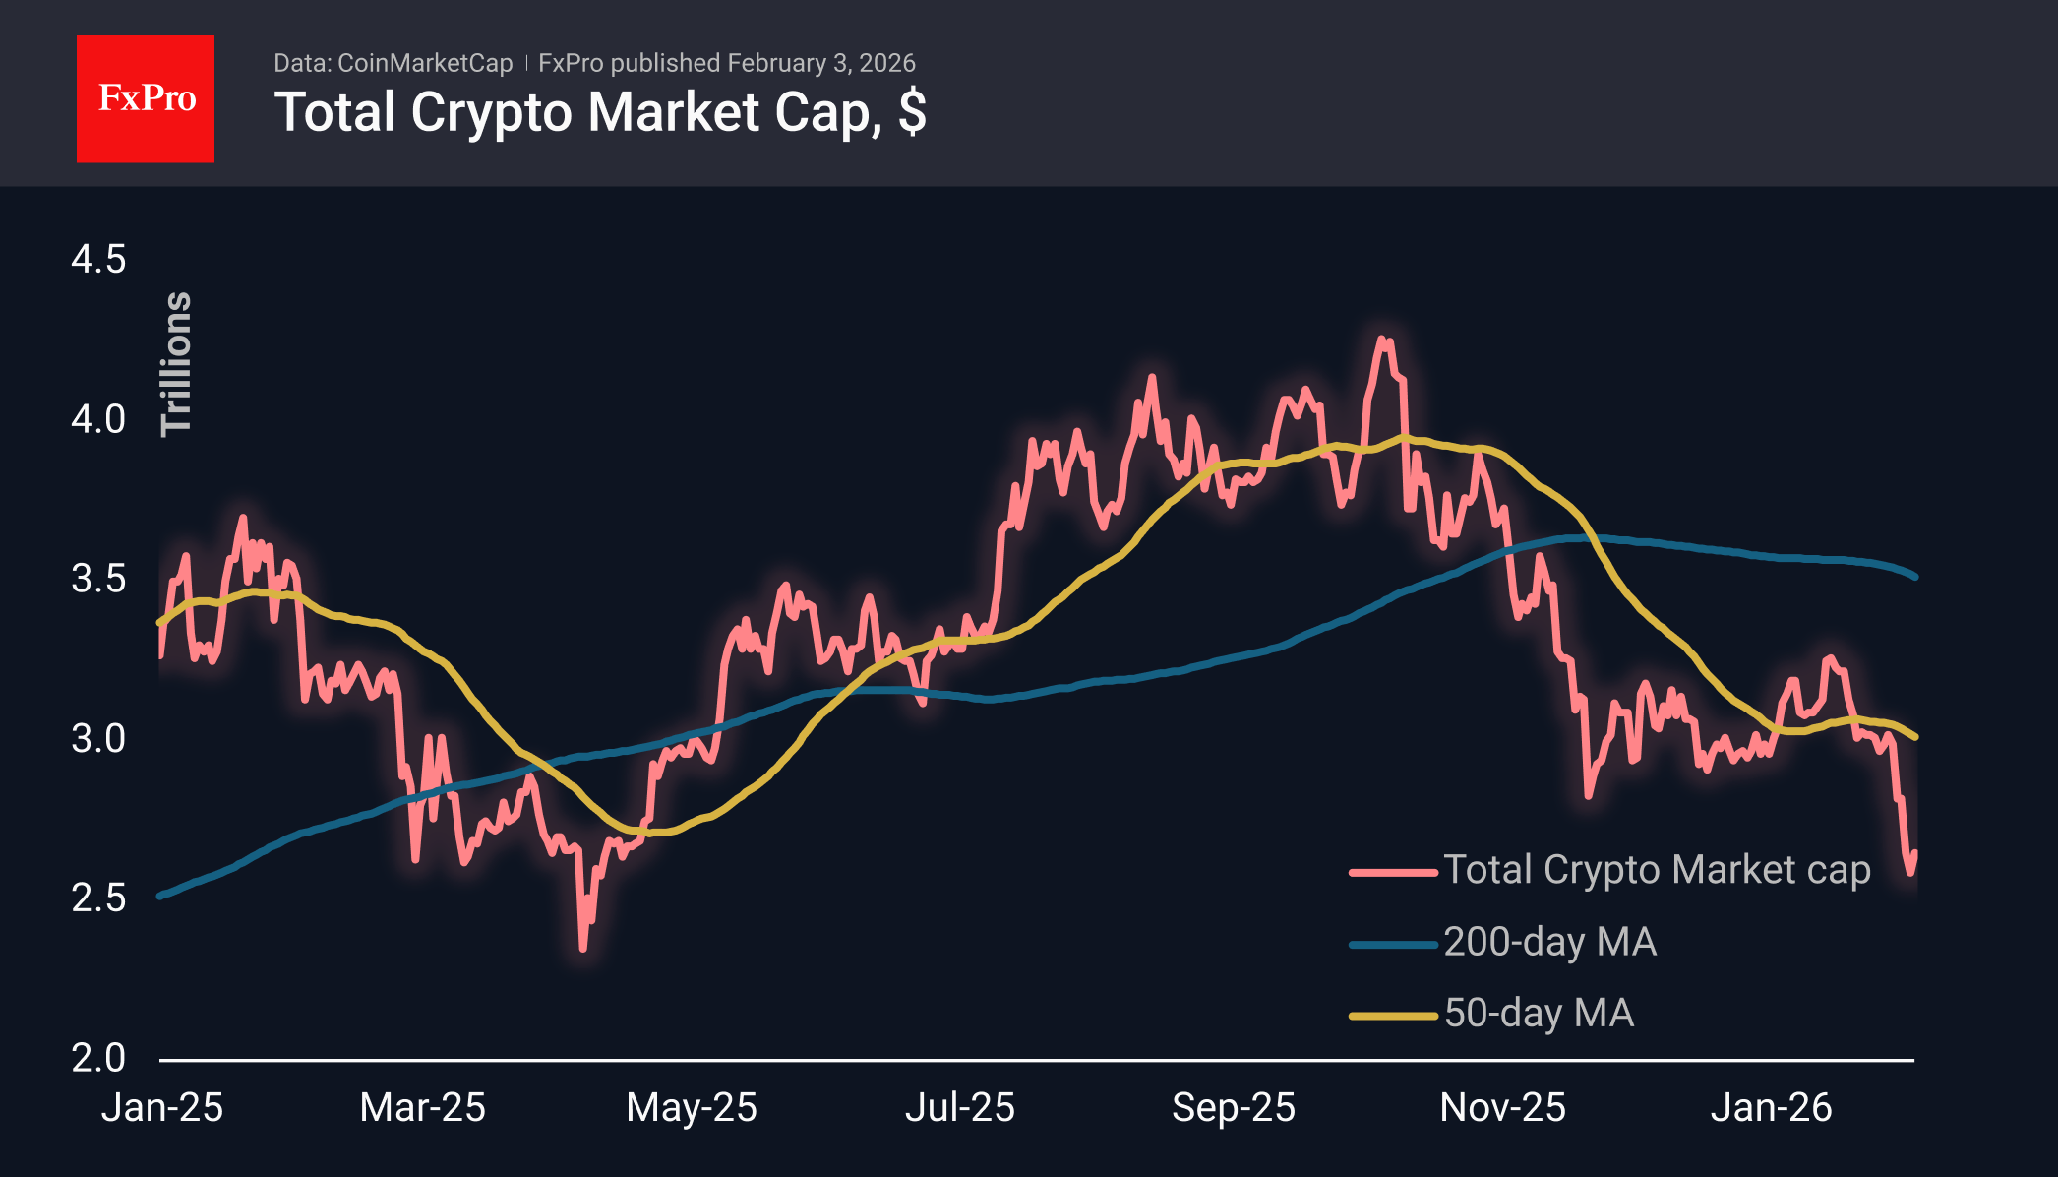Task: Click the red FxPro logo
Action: point(146,98)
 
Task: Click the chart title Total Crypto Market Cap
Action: point(599,112)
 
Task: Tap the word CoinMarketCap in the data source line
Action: point(424,63)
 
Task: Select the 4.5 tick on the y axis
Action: point(98,260)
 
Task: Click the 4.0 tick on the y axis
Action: point(98,419)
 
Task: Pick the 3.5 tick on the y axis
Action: point(98,579)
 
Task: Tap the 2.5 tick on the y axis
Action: point(98,898)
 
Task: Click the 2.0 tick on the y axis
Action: point(98,1058)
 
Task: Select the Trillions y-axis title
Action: point(176,364)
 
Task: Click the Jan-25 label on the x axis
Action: point(162,1108)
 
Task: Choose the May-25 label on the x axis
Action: point(692,1108)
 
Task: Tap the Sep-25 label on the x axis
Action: point(1234,1108)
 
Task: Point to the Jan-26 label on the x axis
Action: point(1771,1108)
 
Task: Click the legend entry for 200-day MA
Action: point(1549,942)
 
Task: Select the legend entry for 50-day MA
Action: point(1539,1014)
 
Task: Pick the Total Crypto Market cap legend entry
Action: point(1656,870)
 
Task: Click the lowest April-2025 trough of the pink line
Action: point(583,948)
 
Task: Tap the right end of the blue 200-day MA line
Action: point(1914,577)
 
